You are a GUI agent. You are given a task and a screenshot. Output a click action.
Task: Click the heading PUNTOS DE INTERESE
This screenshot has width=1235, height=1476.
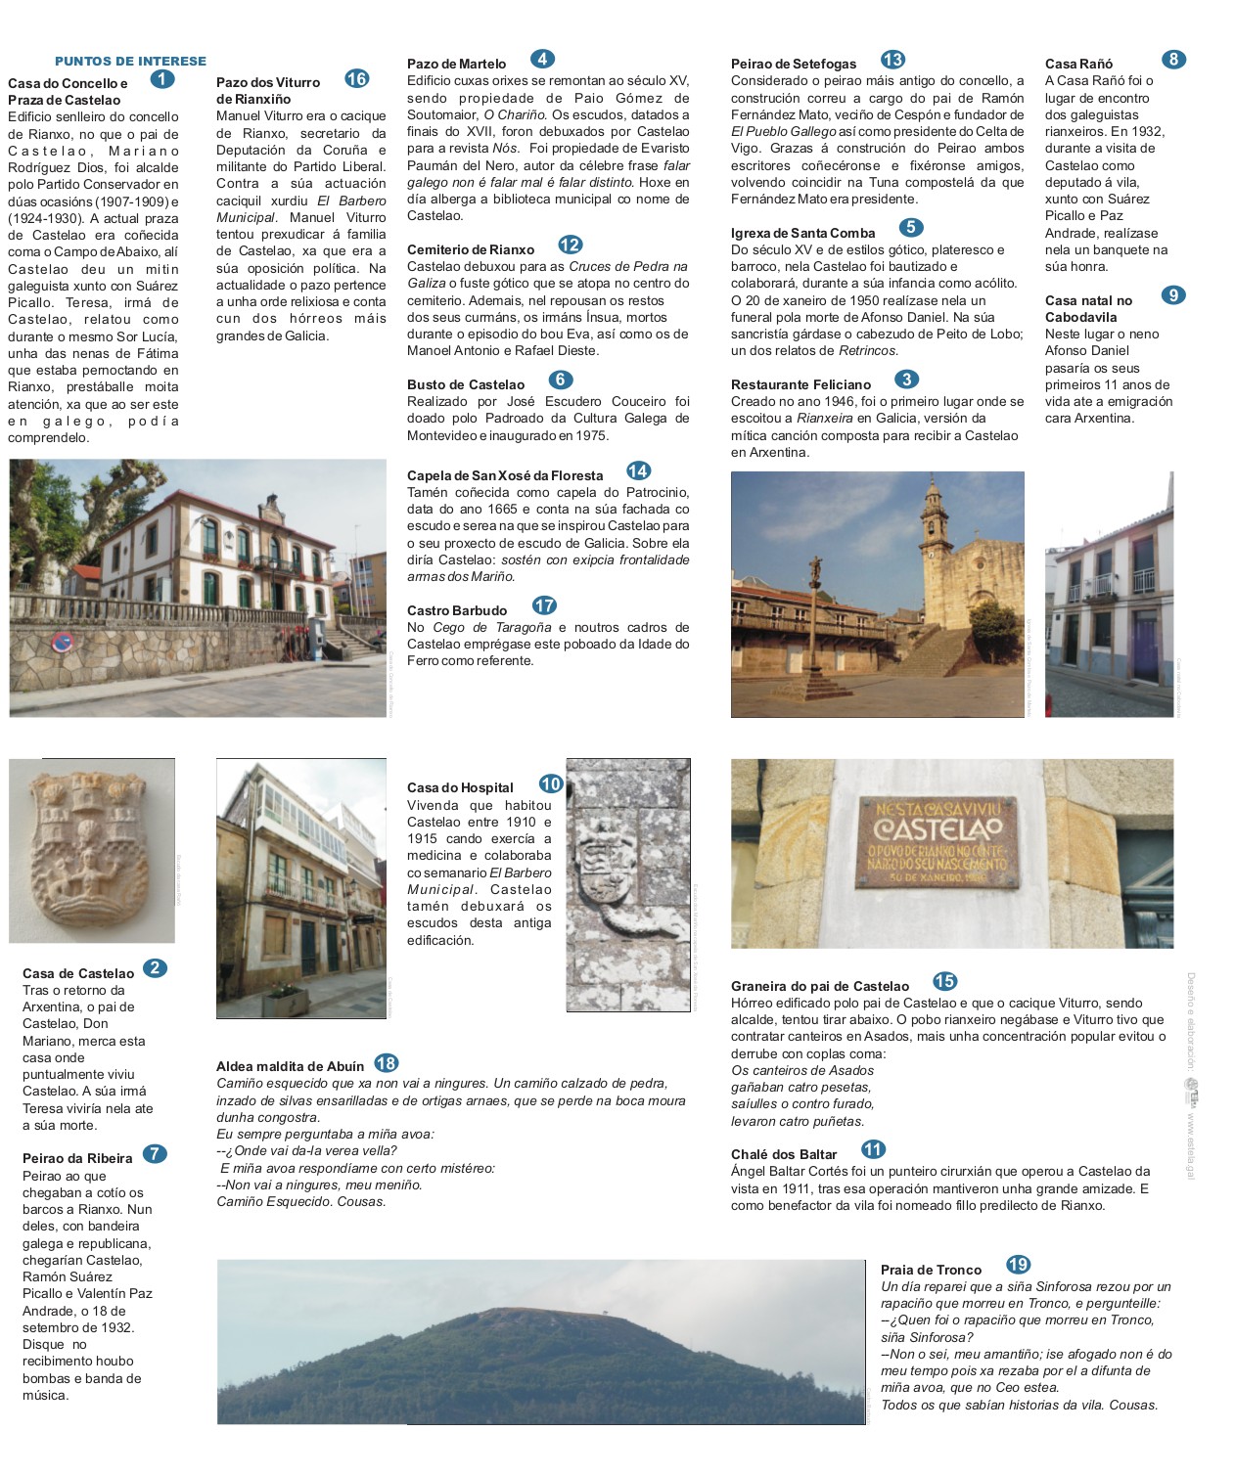click(x=130, y=61)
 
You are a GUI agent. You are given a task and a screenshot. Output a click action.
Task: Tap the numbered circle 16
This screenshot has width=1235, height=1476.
click(x=356, y=79)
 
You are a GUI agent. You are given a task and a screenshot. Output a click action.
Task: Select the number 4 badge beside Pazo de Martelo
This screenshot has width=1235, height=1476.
click(x=542, y=59)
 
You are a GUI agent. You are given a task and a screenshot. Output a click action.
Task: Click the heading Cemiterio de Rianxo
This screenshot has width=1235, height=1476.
click(x=471, y=249)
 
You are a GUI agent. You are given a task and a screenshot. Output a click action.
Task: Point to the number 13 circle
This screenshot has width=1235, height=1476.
click(x=892, y=60)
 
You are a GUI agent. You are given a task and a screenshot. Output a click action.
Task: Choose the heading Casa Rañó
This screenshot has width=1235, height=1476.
click(x=1078, y=64)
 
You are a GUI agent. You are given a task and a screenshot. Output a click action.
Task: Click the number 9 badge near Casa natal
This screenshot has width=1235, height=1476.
click(x=1172, y=295)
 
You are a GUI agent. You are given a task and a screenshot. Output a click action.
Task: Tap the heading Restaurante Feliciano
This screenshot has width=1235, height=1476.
click(x=800, y=384)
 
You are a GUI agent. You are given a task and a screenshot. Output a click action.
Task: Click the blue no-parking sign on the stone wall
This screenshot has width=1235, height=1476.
click(x=63, y=642)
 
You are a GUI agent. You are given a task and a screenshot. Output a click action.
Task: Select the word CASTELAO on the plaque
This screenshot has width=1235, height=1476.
click(x=938, y=828)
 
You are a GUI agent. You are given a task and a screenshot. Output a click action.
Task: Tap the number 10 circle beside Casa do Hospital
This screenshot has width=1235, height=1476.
click(x=551, y=783)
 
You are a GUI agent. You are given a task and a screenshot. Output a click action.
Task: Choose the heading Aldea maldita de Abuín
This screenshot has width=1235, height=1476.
click(x=290, y=1066)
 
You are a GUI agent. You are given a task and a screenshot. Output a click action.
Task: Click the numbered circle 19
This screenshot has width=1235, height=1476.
click(x=1018, y=1265)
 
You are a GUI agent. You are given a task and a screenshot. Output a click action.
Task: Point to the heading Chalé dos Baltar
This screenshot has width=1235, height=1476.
click(x=784, y=1154)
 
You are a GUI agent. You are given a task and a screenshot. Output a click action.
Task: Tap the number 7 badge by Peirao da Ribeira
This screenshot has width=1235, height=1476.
click(x=155, y=1153)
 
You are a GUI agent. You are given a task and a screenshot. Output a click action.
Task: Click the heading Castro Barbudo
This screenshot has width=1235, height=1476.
click(x=457, y=610)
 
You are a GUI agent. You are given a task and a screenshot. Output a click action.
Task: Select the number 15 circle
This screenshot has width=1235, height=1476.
click(x=944, y=981)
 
